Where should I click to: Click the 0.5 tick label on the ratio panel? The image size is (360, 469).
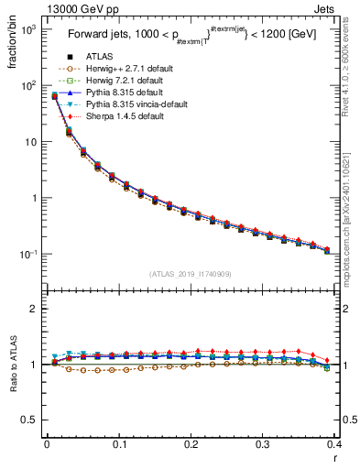click(31, 420)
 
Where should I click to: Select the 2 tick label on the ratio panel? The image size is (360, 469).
click(35, 310)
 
